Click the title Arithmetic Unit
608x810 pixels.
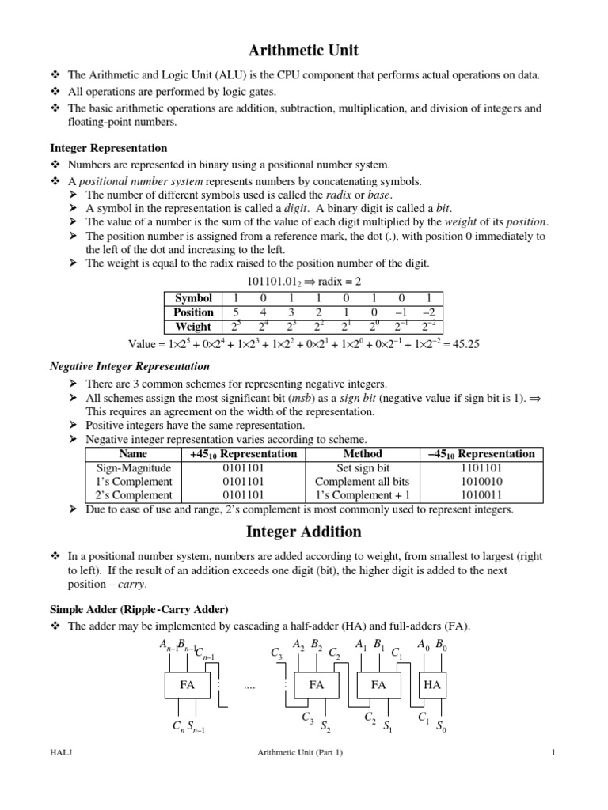click(x=304, y=51)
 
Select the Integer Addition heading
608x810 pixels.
click(x=304, y=532)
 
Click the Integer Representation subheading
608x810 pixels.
click(x=108, y=148)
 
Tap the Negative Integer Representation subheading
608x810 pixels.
click(x=130, y=366)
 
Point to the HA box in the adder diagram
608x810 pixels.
click(x=432, y=685)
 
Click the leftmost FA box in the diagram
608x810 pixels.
click(x=187, y=685)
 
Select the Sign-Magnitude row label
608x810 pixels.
click(x=128, y=467)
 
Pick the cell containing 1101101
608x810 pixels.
click(x=481, y=467)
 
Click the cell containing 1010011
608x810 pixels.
click(x=481, y=494)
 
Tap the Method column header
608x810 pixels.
click(x=363, y=454)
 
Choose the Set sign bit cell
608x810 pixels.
click(x=363, y=467)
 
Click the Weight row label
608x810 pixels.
click(x=193, y=327)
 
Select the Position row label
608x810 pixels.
click(x=193, y=312)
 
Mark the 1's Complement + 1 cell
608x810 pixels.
click(x=363, y=494)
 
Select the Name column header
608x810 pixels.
click(x=128, y=454)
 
